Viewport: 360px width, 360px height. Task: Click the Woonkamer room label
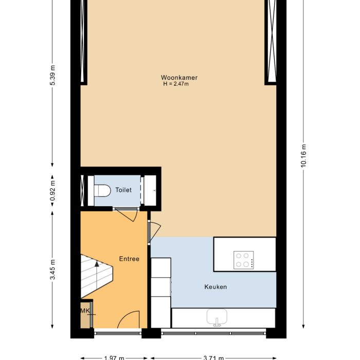point(179,78)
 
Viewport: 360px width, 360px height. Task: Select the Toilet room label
point(123,190)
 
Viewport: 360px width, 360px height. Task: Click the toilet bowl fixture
point(102,190)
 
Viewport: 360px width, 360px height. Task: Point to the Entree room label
point(129,259)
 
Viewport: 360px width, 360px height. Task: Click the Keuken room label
point(215,287)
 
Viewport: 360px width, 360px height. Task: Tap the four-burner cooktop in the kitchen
point(244,259)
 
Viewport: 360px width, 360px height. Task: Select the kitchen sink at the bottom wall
point(218,318)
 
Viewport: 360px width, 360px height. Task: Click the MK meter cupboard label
point(84,311)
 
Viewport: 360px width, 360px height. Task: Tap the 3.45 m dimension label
point(52,270)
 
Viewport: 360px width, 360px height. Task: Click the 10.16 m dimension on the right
point(303,154)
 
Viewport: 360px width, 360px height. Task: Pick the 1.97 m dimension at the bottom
point(114,357)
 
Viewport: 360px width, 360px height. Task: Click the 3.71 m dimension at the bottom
point(214,357)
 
